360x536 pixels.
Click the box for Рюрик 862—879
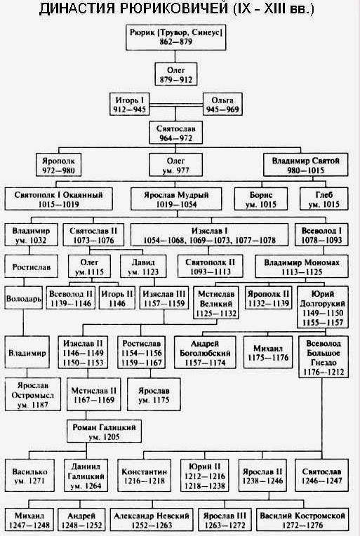point(175,38)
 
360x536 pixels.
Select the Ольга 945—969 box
point(222,105)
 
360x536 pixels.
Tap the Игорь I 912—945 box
point(130,105)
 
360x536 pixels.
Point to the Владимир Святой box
point(306,165)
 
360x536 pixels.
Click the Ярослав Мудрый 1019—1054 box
point(176,199)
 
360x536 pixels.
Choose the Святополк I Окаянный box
point(58,199)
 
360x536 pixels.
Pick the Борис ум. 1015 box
point(261,199)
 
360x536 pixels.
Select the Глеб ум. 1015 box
point(324,199)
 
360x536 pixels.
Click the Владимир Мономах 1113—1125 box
point(302,267)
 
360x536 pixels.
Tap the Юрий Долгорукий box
point(323,308)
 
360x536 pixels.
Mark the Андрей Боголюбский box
point(205,352)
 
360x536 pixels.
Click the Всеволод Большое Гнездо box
point(324,357)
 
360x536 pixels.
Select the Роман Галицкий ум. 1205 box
point(104,431)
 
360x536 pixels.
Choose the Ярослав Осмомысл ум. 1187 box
point(33,394)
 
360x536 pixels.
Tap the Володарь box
point(24,297)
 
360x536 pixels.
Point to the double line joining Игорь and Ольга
point(176,105)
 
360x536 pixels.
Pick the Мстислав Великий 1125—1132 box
point(216,302)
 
